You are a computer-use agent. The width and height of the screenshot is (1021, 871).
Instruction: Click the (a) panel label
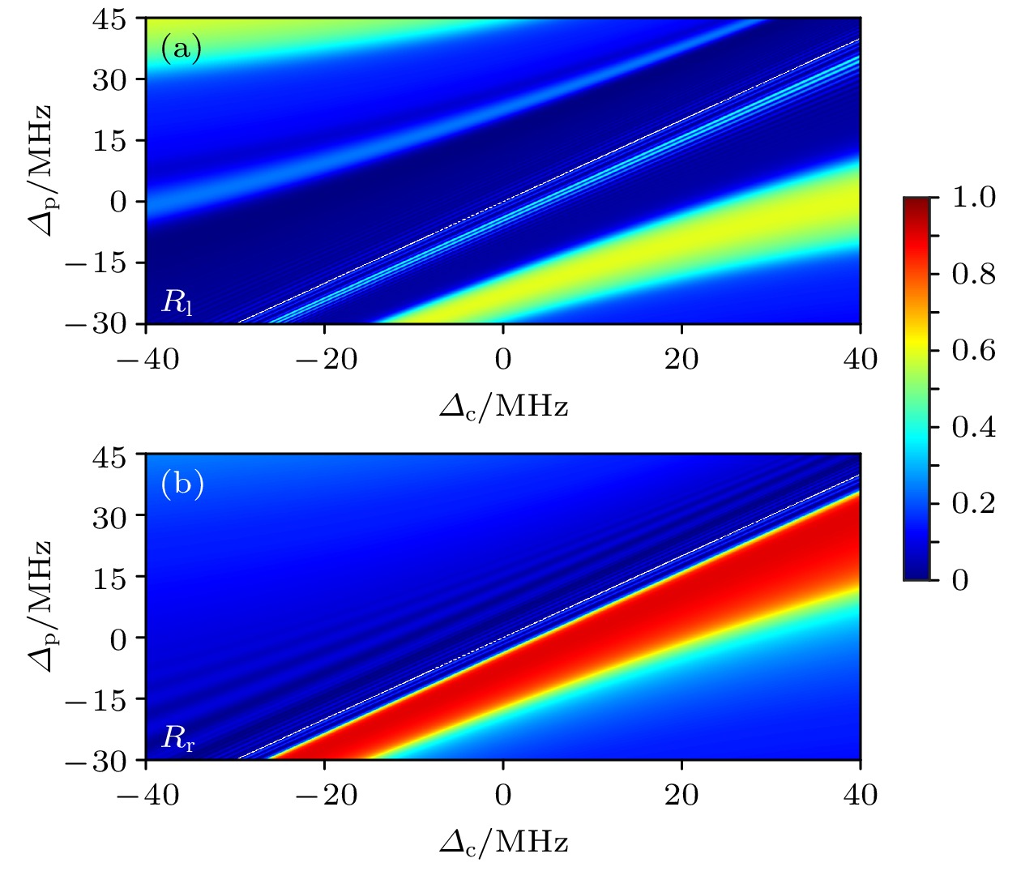click(x=181, y=49)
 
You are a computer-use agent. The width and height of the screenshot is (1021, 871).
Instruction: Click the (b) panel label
click(x=182, y=485)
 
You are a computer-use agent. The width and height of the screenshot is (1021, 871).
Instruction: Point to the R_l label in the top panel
click(x=177, y=303)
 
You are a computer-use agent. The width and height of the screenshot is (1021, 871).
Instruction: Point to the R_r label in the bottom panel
click(x=177, y=738)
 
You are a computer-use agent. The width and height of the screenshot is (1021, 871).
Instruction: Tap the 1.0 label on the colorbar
click(x=973, y=197)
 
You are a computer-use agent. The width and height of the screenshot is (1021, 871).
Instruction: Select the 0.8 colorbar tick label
click(x=973, y=274)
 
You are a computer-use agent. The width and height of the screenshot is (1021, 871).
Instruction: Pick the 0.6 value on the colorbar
click(x=973, y=350)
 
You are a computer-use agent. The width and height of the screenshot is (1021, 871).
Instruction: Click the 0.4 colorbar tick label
click(x=973, y=427)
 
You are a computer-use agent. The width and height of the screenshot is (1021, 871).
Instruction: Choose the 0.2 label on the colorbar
click(x=973, y=503)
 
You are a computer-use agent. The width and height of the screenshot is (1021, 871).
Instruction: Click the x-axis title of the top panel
click(x=503, y=406)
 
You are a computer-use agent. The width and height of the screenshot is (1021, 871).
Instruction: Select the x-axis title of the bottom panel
click(x=503, y=843)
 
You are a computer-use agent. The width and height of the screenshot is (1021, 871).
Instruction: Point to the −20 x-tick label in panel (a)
click(x=326, y=359)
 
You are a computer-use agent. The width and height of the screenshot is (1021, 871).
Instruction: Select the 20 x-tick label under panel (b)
click(x=681, y=795)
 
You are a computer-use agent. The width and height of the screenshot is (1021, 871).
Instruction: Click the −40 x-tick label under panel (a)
click(x=147, y=359)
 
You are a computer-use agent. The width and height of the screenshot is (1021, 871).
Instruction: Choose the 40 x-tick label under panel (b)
click(x=860, y=795)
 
